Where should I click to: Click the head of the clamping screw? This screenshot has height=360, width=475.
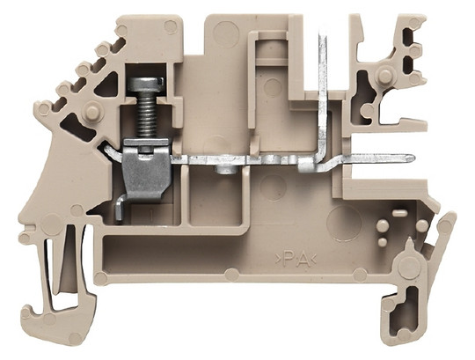click(x=146, y=84)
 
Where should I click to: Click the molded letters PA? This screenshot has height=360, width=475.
click(x=296, y=260)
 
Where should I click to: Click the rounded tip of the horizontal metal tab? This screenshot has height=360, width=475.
click(x=411, y=158)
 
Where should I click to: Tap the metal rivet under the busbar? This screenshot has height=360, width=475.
click(x=225, y=169)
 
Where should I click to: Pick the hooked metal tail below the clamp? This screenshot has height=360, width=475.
click(x=121, y=207)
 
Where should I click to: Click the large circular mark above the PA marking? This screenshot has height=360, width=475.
click(x=344, y=223)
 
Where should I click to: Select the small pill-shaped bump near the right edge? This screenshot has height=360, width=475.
click(x=399, y=213)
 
